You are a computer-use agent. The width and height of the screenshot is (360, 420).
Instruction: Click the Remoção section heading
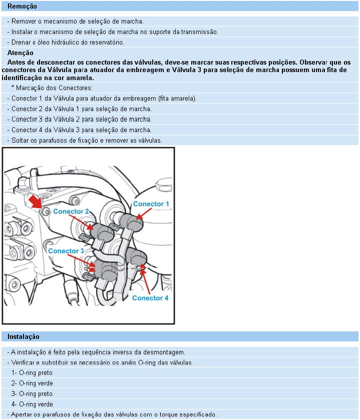[x=22, y=7]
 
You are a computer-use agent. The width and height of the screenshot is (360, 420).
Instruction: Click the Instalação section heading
[x=23, y=337]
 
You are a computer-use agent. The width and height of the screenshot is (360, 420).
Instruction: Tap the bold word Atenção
[x=21, y=53]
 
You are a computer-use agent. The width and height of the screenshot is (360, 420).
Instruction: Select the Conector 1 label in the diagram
[x=151, y=204]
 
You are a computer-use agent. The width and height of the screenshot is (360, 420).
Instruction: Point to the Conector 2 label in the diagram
[x=71, y=211]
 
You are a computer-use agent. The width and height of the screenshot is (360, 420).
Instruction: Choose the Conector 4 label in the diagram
[x=150, y=298]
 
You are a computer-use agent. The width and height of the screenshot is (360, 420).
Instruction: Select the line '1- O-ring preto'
[x=32, y=373]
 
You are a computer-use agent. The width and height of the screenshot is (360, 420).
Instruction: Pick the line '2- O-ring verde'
[x=32, y=383]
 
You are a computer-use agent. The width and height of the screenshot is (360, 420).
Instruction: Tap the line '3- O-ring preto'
[x=32, y=394]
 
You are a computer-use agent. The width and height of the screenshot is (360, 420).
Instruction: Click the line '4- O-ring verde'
[x=32, y=404]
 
